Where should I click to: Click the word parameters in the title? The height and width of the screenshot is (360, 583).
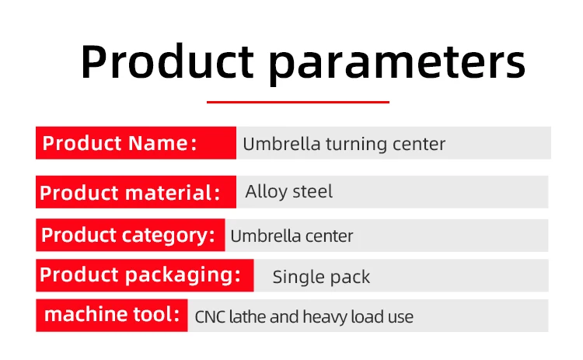click(x=397, y=63)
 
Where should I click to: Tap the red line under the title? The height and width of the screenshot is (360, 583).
click(x=298, y=102)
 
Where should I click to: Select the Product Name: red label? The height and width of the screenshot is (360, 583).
click(x=136, y=143)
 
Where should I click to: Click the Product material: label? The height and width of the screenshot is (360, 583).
click(x=136, y=192)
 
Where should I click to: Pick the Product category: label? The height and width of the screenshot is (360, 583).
click(x=130, y=235)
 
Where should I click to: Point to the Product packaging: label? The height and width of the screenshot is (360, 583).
click(x=145, y=275)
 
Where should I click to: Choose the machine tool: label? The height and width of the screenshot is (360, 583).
click(x=111, y=315)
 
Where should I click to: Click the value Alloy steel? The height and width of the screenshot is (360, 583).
click(x=289, y=192)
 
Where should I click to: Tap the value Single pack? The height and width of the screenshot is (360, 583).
click(x=321, y=277)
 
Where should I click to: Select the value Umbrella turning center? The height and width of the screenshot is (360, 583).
click(x=344, y=144)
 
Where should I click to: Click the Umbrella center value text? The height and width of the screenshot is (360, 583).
click(x=291, y=236)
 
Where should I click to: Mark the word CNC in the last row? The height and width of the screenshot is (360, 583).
click(x=210, y=317)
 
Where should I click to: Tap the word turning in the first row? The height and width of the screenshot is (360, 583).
click(x=356, y=145)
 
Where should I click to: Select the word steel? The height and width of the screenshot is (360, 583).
click(x=312, y=192)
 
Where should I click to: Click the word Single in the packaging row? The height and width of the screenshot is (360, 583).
click(x=296, y=278)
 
